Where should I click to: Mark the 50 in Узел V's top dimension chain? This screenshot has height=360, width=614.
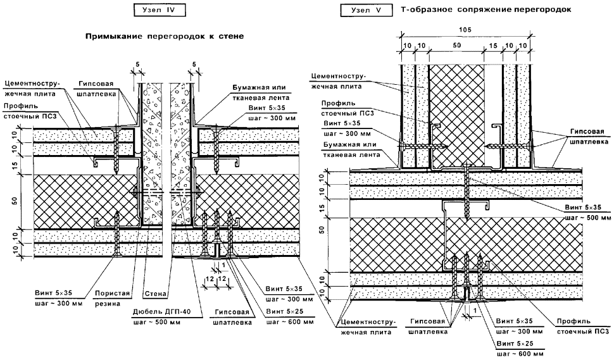coord(457,47)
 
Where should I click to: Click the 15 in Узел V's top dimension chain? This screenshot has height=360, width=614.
coord(492,47)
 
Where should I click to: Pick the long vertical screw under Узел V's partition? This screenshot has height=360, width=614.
coord(465,196)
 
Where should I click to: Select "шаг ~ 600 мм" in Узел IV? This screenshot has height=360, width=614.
coord(289,322)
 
